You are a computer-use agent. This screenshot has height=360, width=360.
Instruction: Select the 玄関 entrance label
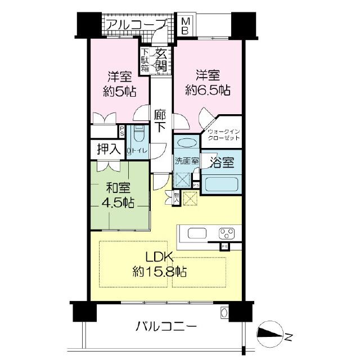click(161, 59)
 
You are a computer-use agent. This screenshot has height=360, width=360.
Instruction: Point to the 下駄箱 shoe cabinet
click(145, 60)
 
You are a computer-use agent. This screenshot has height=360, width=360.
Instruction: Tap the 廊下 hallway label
click(160, 120)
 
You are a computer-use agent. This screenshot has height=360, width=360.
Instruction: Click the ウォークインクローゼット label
click(224, 136)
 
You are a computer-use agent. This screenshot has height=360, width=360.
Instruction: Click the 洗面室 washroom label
click(186, 160)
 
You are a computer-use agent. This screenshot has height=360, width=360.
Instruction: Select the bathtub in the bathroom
click(220, 184)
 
